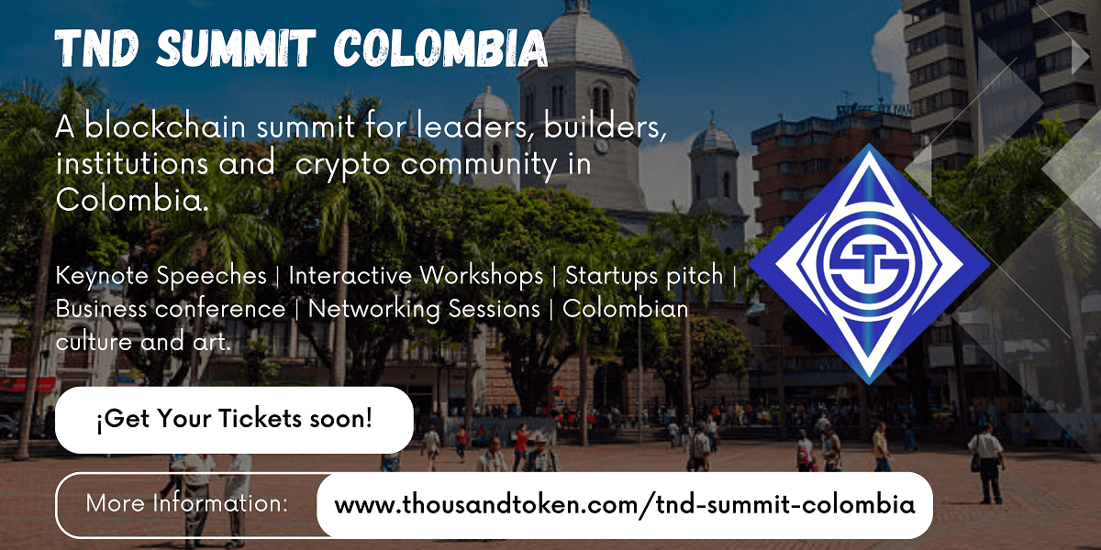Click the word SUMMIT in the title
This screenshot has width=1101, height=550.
tap(236, 48)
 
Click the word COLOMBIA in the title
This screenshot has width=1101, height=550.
tap(441, 48)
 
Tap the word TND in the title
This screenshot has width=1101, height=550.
tap(96, 48)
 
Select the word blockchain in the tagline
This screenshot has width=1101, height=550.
tap(165, 126)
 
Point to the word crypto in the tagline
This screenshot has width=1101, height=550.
tap(343, 165)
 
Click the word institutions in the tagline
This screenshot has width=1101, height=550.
tap(132, 163)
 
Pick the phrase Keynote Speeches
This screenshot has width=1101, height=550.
tap(161, 276)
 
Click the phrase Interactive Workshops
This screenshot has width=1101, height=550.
tap(416, 275)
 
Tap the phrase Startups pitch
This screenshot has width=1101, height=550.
tap(644, 276)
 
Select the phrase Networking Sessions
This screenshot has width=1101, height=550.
tap(424, 311)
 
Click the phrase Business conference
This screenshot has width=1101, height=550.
tap(171, 309)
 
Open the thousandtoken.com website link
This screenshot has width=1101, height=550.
tap(625, 505)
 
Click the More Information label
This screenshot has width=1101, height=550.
tap(187, 503)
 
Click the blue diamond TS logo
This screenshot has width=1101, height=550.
tap(869, 264)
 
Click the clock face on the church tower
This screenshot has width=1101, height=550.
tap(601, 146)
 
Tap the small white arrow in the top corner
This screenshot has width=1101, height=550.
tap(1080, 57)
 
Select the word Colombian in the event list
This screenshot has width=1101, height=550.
tap(625, 309)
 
